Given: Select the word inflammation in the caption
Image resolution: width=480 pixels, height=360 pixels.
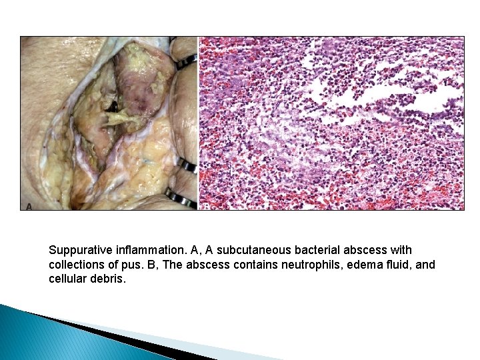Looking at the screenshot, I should pos(147,251).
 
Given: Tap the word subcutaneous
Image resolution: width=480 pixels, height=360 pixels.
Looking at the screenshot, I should pos(250,251).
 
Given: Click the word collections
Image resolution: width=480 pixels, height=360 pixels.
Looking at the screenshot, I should pos(76,265).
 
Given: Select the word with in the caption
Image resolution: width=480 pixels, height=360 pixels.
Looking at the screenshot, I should pos(401,251).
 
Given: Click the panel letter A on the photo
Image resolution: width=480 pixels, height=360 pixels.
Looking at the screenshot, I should pos(29,205).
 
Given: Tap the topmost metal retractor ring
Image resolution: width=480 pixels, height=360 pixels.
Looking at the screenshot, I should pos(187,61).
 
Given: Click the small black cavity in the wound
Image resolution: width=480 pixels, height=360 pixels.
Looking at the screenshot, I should pos(114,107).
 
